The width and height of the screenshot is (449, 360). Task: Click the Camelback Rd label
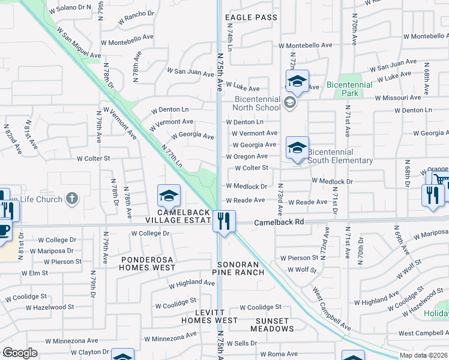pyautogui.click(x=279, y=222)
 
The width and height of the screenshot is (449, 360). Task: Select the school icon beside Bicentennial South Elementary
pyautogui.click(x=297, y=147)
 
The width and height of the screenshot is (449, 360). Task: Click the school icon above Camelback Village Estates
pyautogui.click(x=169, y=195)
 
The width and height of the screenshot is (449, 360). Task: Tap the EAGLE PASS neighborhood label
pyautogui.click(x=251, y=17)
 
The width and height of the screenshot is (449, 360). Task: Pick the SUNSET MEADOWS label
pyautogui.click(x=267, y=325)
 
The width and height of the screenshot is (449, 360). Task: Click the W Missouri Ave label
pyautogui.click(x=399, y=97)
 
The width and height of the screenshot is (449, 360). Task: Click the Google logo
pyautogui.click(x=20, y=353)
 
